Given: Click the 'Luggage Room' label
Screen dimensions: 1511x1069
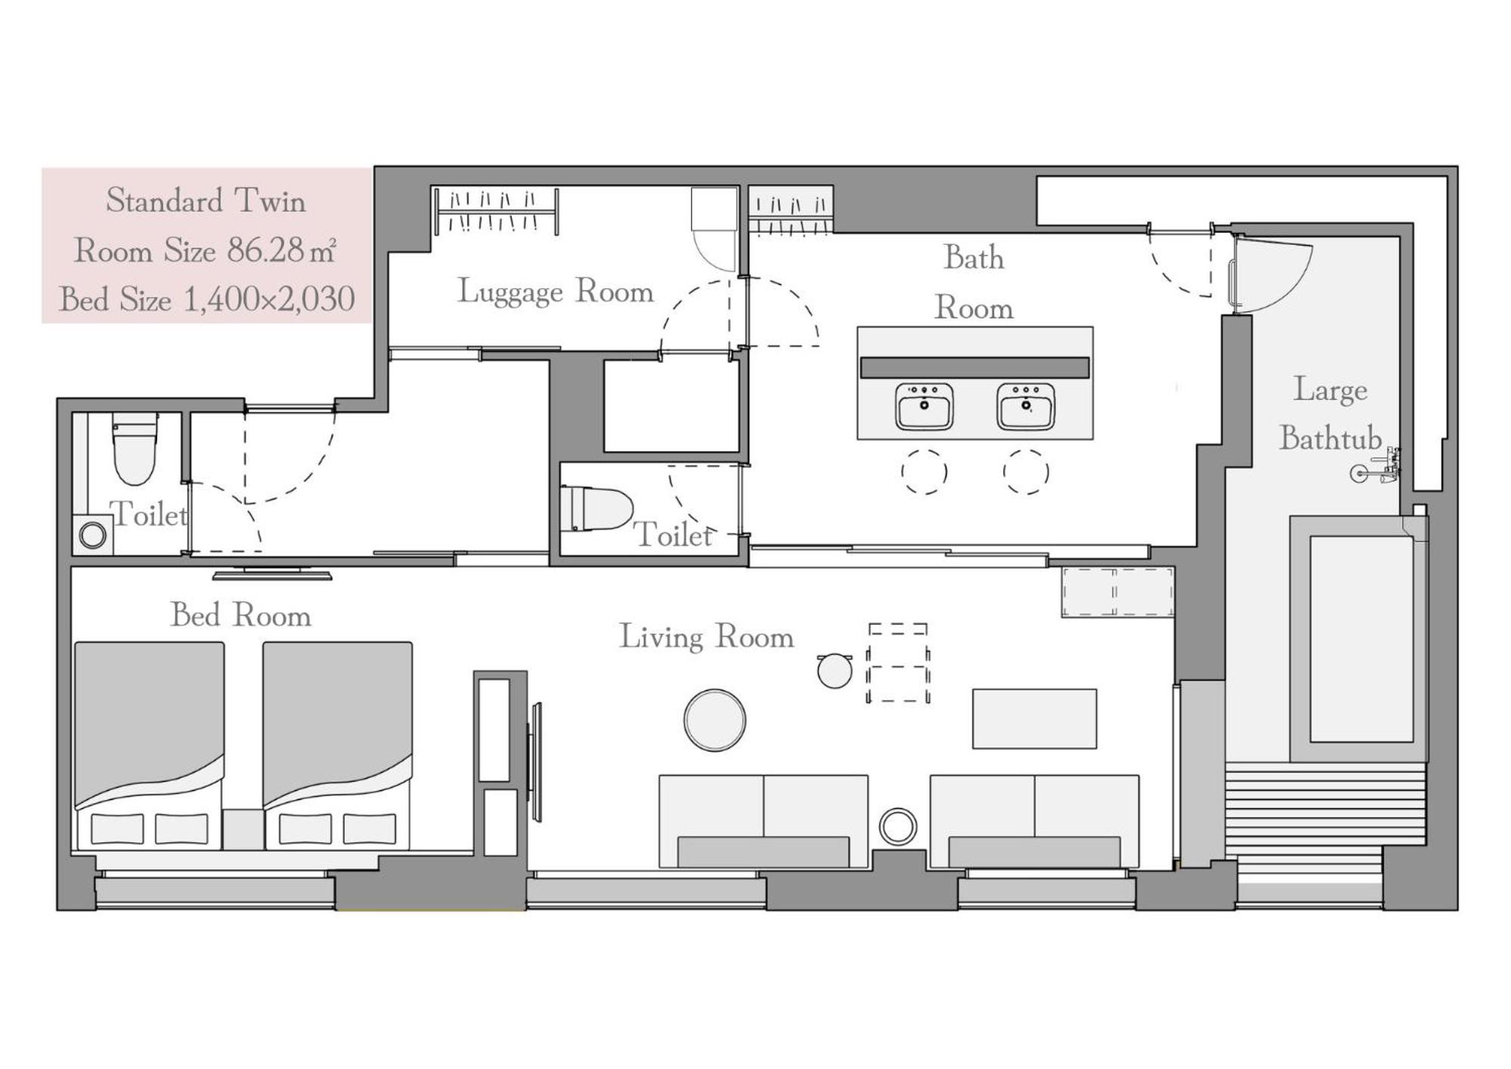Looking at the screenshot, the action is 556,292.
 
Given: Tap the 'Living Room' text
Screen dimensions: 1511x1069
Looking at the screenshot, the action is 707,637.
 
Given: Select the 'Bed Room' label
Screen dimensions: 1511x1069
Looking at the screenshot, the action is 240,615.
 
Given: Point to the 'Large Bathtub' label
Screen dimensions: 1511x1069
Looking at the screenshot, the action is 1330,414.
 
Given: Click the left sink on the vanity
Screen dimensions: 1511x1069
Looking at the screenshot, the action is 924,406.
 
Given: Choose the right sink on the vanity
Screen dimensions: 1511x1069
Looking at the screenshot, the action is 1026,406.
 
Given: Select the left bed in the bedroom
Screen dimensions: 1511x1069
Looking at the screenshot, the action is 149,745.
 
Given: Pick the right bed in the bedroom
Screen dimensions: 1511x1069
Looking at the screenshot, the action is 337,745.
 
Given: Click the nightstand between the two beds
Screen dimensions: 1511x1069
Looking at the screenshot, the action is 243,829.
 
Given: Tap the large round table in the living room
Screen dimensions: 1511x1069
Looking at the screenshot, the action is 714,720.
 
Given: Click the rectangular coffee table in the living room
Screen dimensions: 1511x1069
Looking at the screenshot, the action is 1034,718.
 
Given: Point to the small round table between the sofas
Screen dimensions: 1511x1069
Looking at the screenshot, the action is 898,826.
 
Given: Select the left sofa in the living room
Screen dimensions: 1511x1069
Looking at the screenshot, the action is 763,821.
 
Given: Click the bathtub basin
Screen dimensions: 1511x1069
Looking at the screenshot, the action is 1361,639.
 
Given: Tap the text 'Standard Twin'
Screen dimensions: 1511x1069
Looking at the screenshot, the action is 206,201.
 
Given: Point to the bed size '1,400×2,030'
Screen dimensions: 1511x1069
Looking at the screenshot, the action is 269,299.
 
